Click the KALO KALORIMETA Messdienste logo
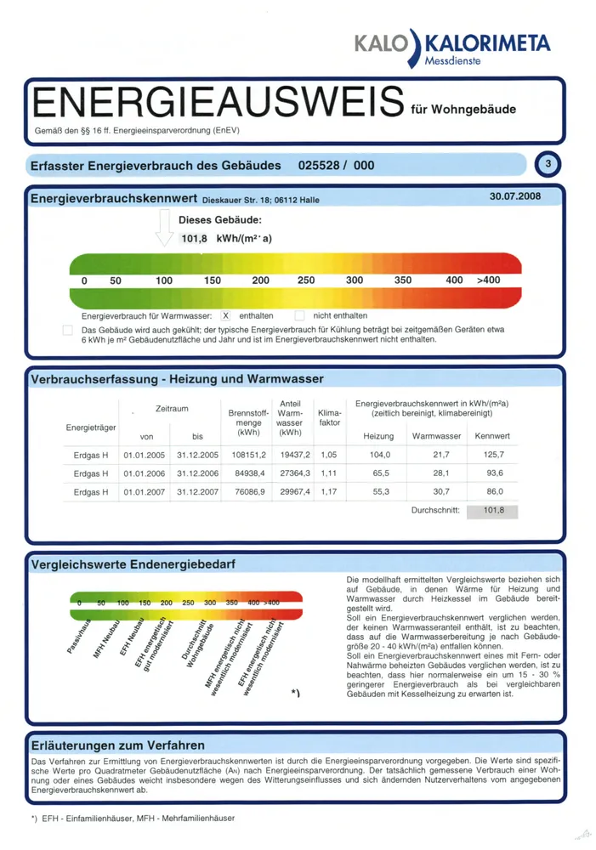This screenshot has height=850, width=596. (452, 48)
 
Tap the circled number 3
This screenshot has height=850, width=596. (548, 164)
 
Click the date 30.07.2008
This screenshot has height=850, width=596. (514, 196)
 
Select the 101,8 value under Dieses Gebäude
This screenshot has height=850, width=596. (194, 239)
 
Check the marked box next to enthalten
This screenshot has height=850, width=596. (225, 315)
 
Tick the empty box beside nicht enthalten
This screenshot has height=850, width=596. (299, 315)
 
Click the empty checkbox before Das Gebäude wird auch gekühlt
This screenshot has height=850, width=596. (68, 330)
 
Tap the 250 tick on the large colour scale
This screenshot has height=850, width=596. (306, 280)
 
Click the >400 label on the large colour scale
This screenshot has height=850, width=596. (489, 280)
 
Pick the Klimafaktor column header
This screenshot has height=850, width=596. (330, 418)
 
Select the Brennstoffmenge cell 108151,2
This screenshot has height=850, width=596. (249, 455)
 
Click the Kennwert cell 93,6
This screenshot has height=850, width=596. (495, 473)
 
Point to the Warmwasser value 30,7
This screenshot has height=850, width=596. (441, 491)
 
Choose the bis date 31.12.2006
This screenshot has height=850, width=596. (197, 473)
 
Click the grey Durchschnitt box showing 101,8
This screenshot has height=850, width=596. (492, 511)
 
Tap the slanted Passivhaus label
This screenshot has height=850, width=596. (79, 635)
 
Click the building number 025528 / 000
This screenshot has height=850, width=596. (336, 166)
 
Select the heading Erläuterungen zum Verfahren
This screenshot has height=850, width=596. (117, 745)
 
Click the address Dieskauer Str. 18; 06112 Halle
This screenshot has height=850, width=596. (261, 200)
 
